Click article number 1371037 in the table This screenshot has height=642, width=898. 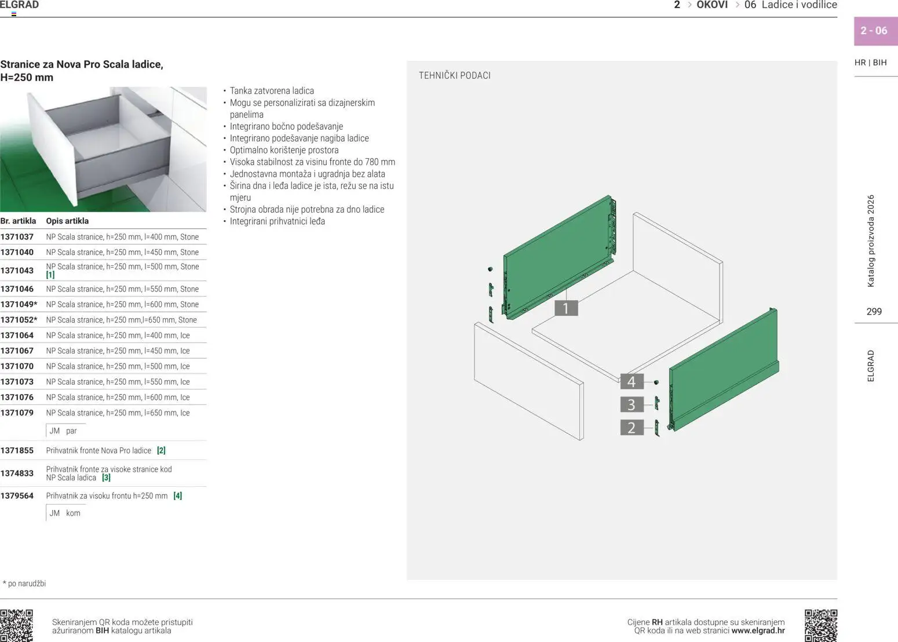[x=17, y=237]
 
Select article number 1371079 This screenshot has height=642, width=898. [x=17, y=413]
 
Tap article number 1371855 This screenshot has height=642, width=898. [x=17, y=451]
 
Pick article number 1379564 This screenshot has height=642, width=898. [x=17, y=496]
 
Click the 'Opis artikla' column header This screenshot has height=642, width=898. [x=67, y=221]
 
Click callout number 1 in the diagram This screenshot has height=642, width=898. [x=566, y=308]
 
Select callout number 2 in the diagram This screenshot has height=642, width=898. [x=631, y=428]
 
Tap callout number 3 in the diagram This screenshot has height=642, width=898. [x=631, y=404]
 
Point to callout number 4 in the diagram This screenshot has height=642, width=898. [x=631, y=382]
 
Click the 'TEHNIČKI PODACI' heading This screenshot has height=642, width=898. [x=455, y=75]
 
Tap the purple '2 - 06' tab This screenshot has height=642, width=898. [x=874, y=31]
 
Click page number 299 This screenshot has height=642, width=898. [x=874, y=312]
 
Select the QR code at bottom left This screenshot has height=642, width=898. [x=16, y=625]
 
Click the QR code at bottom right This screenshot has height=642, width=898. [x=821, y=625]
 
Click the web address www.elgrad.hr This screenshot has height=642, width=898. [x=758, y=631]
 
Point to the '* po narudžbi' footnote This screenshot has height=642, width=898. [x=24, y=583]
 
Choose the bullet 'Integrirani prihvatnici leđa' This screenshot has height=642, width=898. [x=278, y=221]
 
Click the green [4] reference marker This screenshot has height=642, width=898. [x=178, y=496]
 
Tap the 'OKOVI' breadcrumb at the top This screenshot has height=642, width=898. [x=712, y=5]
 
